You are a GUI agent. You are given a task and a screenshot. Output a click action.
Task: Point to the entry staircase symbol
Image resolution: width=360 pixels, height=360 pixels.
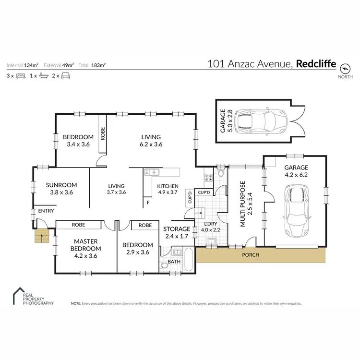(42, 235)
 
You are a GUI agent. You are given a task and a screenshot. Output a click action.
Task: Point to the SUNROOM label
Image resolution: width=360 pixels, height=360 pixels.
(59, 185)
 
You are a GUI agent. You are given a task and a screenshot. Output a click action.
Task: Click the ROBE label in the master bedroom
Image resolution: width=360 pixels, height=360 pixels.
(79, 224)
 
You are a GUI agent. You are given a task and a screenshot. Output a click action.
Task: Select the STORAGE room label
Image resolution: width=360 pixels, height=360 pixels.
(177, 229)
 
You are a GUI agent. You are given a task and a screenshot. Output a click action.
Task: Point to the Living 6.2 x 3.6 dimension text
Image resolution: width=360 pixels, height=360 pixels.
(151, 144)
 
